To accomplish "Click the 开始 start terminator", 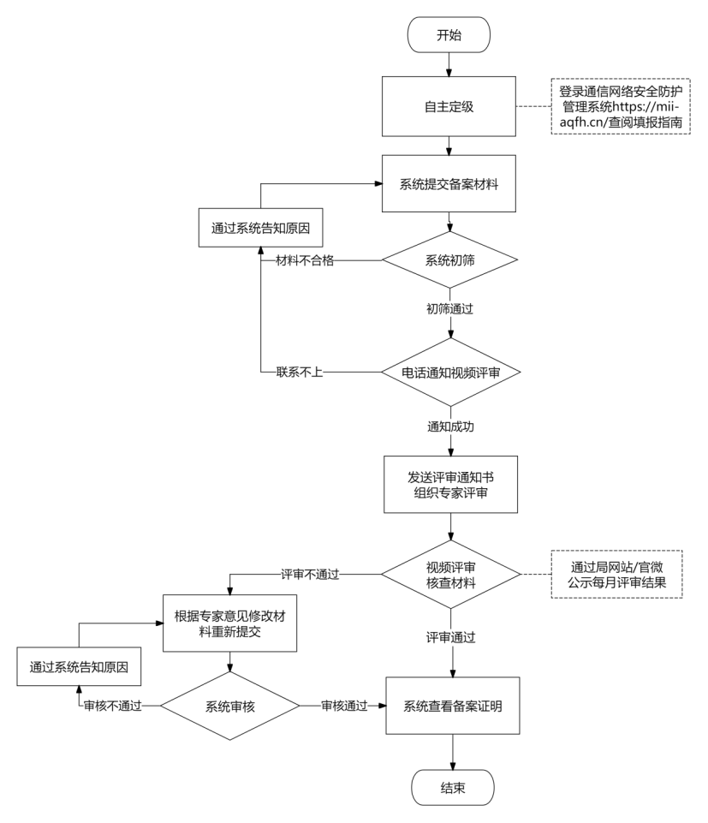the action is point(449,34).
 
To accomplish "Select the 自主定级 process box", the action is point(449,106).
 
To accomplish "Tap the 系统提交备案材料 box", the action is point(449,184).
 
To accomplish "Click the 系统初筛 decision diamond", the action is point(449,259).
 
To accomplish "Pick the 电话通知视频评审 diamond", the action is point(451,373).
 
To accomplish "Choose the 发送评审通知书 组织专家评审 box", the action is point(451,485).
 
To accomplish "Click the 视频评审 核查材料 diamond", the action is point(451,575).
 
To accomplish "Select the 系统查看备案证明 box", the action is point(453,706).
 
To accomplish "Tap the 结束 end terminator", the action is point(453,787).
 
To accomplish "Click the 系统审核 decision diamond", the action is point(230,706).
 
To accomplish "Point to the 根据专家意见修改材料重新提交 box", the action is point(230,623).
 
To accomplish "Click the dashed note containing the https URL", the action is point(621,106).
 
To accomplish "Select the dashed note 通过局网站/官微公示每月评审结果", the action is point(616,574).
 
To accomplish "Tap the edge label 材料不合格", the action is point(305,260).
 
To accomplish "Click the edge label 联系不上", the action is point(300,373).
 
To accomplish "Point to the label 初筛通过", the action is point(449,308).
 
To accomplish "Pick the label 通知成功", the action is point(451,426).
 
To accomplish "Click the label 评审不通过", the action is point(310,574).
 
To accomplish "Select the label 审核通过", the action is point(344,706).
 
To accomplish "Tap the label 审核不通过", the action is point(113,706).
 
